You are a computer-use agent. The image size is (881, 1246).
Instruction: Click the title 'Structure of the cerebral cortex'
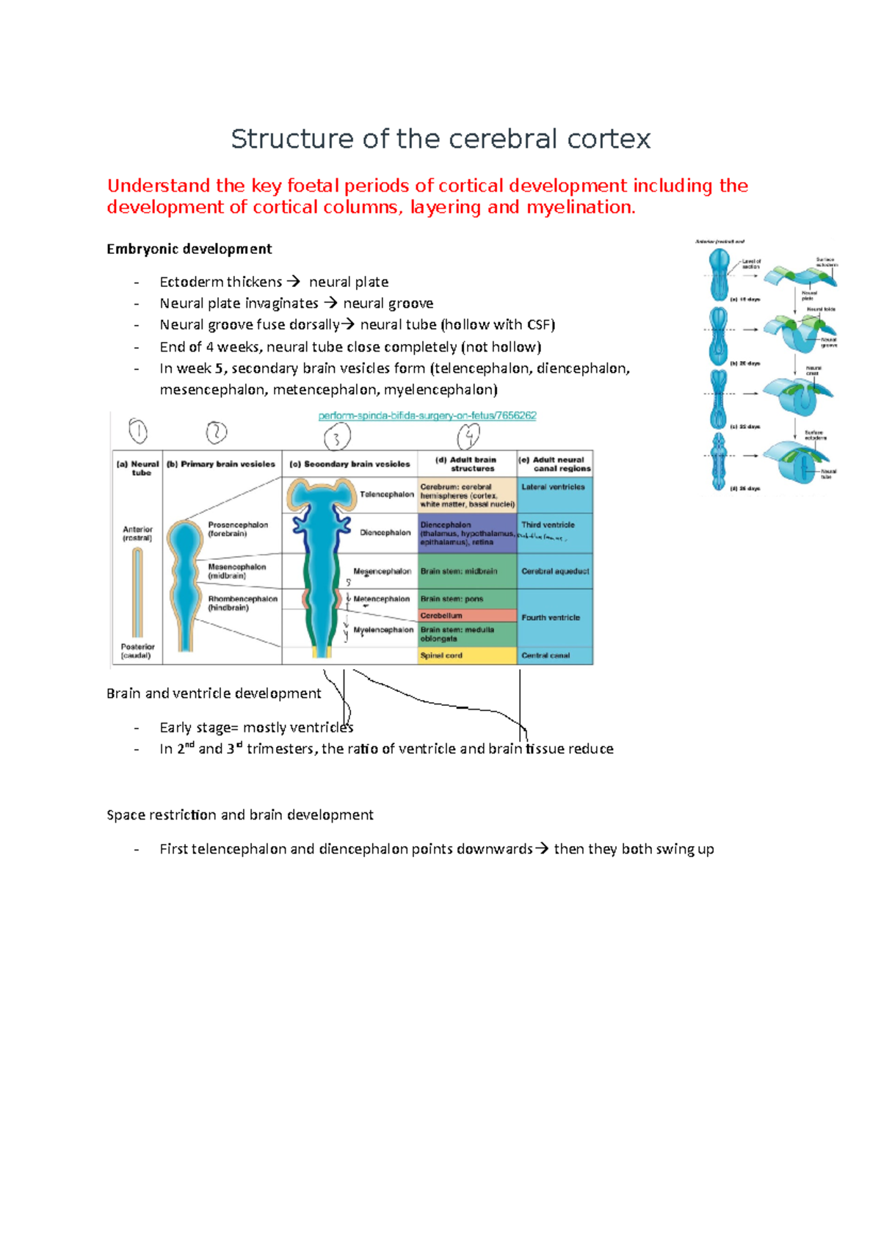click(440, 139)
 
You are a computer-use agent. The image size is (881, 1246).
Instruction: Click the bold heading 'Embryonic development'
click(189, 249)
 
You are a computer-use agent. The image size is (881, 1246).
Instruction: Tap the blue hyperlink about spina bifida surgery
click(427, 415)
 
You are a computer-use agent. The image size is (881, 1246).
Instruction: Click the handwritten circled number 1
click(138, 431)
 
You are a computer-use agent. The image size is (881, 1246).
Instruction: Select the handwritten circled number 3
click(337, 438)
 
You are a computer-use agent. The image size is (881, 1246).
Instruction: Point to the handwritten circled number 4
click(468, 437)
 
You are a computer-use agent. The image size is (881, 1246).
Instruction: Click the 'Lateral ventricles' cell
click(554, 487)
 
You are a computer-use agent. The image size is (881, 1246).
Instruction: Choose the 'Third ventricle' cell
click(548, 525)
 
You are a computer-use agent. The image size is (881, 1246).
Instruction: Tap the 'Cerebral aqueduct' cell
click(555, 572)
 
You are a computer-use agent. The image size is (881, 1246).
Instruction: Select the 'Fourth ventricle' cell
click(551, 618)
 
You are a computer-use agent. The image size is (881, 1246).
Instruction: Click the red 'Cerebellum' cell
click(442, 616)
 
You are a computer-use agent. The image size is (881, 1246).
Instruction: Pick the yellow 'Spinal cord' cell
click(441, 655)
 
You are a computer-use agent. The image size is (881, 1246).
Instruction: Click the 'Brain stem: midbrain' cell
click(459, 572)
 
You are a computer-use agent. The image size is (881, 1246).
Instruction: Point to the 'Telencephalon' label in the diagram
click(387, 495)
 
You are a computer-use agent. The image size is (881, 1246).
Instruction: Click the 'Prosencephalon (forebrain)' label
click(238, 529)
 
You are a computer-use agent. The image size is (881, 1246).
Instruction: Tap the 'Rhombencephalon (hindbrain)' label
click(242, 603)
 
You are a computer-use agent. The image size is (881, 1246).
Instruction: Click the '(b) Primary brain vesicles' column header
click(221, 464)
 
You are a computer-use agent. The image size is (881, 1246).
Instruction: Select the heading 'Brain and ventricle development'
click(214, 693)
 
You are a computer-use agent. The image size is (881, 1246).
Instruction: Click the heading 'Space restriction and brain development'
click(240, 815)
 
